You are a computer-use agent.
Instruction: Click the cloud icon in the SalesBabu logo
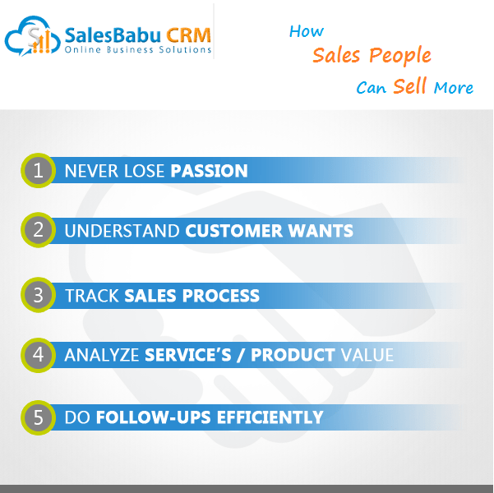[x=32, y=36]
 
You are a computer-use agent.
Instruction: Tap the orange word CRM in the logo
[x=188, y=35]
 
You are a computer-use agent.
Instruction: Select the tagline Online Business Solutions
[x=137, y=50]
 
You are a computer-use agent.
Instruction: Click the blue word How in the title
[x=307, y=31]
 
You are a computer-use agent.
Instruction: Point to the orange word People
[x=400, y=55]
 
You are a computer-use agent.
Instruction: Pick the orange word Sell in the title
[x=410, y=85]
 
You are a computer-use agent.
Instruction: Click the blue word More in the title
[x=454, y=88]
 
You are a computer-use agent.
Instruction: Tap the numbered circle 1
[x=39, y=170]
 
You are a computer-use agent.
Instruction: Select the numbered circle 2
[x=39, y=230]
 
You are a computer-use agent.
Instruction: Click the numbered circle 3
[x=39, y=295]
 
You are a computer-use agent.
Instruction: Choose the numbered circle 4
[x=39, y=355]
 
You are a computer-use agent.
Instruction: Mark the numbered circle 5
[x=39, y=417]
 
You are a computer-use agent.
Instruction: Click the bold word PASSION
[x=210, y=171]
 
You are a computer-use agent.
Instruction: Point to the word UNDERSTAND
[x=122, y=231]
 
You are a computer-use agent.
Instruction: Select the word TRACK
[x=92, y=296]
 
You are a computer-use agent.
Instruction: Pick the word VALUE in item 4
[x=367, y=355]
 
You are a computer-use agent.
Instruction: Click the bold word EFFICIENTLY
[x=270, y=417]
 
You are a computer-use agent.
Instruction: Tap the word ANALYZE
[x=102, y=355]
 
